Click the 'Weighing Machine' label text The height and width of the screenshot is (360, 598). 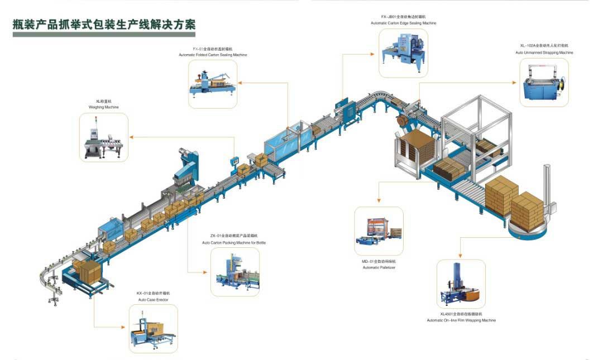(x=103, y=107)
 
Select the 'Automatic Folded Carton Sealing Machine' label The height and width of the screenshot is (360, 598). (x=213, y=55)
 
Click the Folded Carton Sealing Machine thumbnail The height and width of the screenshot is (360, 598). (x=212, y=84)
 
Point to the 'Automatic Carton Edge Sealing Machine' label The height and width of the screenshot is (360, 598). (x=403, y=23)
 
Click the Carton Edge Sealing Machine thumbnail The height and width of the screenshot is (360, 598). (x=403, y=53)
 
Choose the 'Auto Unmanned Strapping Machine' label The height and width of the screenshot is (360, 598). (x=544, y=52)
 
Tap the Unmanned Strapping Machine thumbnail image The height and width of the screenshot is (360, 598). (x=544, y=83)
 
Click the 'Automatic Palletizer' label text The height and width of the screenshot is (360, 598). (x=379, y=267)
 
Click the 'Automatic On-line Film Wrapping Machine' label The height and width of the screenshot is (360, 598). (x=461, y=320)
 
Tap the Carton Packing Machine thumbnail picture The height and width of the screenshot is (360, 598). (x=235, y=272)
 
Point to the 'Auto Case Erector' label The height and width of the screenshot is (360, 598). (x=153, y=300)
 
